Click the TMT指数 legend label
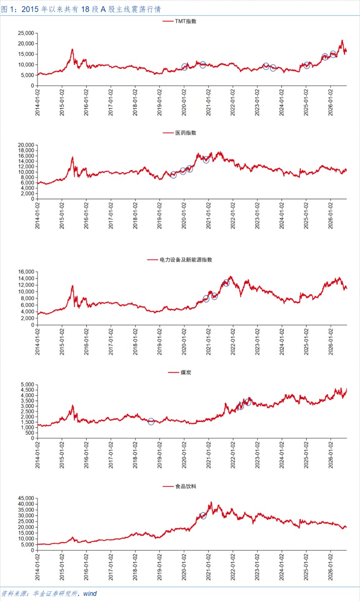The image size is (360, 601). pos(186,21)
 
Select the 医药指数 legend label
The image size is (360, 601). pos(186,133)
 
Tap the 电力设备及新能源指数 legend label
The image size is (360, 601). pos(186,260)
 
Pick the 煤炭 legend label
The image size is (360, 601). pos(186,373)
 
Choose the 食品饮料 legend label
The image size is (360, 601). pos(186,486)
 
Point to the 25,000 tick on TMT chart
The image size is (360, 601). pos(26,33)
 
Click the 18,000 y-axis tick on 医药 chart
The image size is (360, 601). pos(26,150)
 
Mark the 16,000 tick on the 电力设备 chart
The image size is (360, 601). pos(26,272)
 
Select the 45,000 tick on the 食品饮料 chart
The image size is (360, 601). pos(26,498)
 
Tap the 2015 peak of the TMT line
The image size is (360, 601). pos(72,49)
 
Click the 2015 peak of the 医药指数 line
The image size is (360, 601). pos(72,157)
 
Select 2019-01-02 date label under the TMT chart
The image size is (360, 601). pos(160,103)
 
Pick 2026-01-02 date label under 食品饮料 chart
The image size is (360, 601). pos(330,567)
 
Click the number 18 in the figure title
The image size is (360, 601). pos(85,10)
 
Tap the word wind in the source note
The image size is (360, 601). pos(90,593)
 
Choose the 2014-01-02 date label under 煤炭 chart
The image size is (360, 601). pos(37,455)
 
